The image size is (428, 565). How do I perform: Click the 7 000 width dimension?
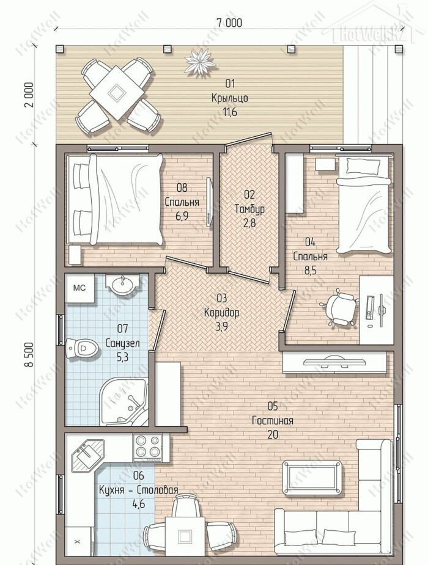(x=229, y=23)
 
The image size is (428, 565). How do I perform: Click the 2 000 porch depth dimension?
(x=29, y=95)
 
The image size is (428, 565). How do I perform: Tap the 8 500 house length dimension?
(x=29, y=354)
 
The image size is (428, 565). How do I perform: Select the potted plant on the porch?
(x=201, y=62)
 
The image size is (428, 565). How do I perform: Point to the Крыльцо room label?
(x=230, y=98)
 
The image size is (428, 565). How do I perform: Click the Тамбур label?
(x=249, y=209)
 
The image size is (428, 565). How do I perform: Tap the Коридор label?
(x=221, y=312)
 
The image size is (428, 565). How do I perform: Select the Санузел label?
(x=123, y=343)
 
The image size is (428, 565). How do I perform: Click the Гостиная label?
(x=273, y=420)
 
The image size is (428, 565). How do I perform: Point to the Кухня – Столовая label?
(x=138, y=490)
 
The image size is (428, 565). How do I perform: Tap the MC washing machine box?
(x=79, y=288)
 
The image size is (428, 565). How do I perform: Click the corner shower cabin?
(x=124, y=402)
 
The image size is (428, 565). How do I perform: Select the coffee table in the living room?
(x=312, y=478)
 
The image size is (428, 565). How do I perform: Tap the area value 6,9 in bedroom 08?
(x=182, y=216)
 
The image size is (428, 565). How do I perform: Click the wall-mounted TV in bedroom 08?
(x=209, y=202)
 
